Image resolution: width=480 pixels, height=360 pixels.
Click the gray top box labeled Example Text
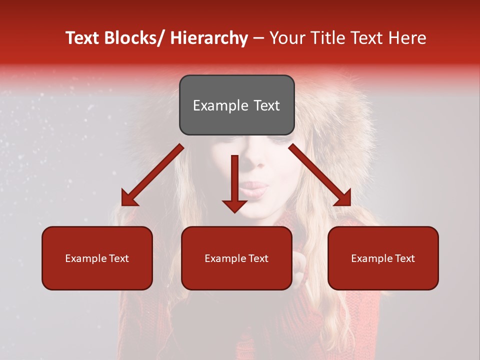[x=236, y=105]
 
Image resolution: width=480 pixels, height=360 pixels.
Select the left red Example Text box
[x=97, y=258]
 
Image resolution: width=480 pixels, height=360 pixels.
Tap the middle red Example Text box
[x=236, y=258]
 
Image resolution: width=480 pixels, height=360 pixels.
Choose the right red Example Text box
[x=383, y=258]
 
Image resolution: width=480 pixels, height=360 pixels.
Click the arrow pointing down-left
[x=150, y=177]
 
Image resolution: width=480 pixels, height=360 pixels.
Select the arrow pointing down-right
[x=320, y=175]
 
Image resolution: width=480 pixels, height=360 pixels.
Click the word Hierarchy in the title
[x=209, y=38]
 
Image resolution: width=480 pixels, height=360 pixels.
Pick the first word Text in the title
[x=82, y=38]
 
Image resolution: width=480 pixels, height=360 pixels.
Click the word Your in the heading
[x=286, y=38]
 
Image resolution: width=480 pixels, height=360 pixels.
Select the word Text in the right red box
[x=404, y=258]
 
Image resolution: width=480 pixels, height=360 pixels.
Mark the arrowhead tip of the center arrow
[x=234, y=212]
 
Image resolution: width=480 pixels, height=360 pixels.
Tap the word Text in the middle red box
[x=257, y=258]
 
